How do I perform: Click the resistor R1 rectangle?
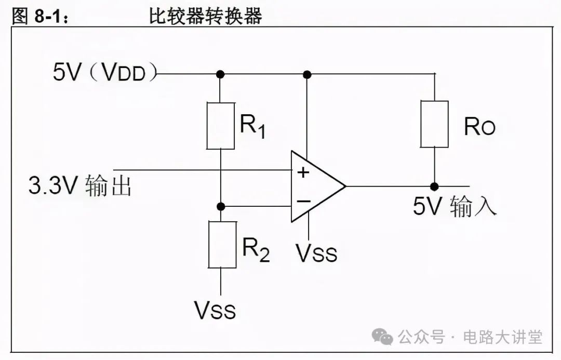(220, 126)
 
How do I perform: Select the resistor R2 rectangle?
(221, 244)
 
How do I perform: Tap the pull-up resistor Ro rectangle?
(434, 124)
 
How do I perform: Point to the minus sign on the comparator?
(303, 201)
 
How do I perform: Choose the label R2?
(256, 250)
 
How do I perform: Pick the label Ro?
(479, 126)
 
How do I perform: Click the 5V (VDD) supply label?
(104, 73)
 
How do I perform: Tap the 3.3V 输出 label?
(80, 185)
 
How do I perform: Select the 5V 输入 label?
(455, 206)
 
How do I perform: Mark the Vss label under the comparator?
(316, 252)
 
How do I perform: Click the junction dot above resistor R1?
(220, 75)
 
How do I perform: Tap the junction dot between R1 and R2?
(221, 206)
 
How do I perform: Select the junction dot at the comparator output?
(434, 186)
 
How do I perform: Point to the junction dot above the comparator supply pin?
(307, 75)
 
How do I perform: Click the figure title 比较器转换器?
(205, 16)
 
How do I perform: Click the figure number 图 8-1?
(39, 16)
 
